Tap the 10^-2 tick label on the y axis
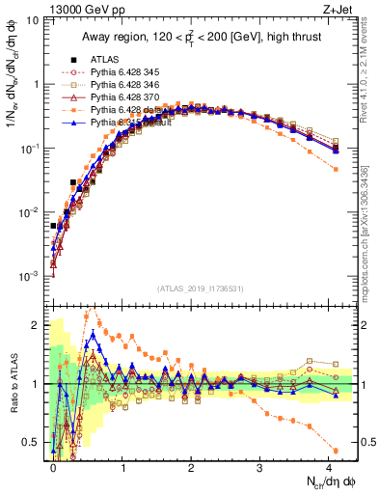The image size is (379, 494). click(x=29, y=212)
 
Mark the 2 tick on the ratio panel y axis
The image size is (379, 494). click(x=37, y=325)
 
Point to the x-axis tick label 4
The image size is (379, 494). click(x=328, y=466)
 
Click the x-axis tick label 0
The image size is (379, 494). click(x=53, y=466)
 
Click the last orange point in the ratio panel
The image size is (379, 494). click(x=335, y=451)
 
